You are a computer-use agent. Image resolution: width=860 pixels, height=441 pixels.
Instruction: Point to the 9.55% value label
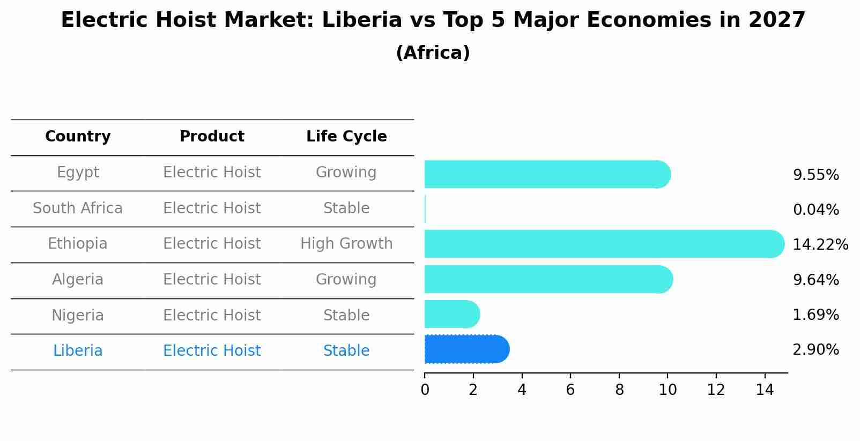tap(815, 175)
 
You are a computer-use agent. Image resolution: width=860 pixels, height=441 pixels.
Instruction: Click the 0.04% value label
tap(815, 210)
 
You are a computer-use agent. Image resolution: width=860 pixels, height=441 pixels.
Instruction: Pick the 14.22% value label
tap(820, 245)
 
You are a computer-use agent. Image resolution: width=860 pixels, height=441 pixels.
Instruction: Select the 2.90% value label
tap(815, 350)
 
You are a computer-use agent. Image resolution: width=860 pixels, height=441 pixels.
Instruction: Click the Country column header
tap(78, 137)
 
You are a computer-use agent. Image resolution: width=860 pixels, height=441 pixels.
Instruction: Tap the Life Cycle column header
tap(346, 137)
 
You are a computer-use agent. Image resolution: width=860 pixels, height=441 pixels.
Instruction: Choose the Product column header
tap(212, 137)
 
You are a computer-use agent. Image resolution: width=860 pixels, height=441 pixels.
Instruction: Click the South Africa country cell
tap(78, 208)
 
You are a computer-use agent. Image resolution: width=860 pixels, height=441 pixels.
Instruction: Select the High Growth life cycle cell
tap(346, 244)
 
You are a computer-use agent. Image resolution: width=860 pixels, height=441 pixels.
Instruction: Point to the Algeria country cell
tap(78, 280)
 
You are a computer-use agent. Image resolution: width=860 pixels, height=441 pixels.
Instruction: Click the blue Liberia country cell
tap(78, 351)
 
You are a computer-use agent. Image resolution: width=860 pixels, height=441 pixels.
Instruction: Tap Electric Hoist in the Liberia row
tap(212, 351)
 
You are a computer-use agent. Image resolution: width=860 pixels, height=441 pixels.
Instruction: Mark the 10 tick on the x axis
tap(668, 390)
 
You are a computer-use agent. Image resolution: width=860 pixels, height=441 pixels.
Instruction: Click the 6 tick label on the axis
tap(570, 390)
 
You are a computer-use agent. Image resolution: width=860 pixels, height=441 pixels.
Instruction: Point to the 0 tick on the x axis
tap(425, 390)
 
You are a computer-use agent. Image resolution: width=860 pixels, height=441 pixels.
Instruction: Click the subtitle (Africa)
tap(433, 53)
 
